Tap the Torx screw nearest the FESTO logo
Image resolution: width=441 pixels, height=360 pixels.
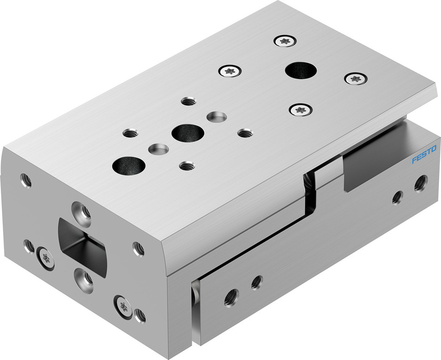355,79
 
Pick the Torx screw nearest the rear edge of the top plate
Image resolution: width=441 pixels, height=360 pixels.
284,41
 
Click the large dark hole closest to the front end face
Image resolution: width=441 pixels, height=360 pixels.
129,165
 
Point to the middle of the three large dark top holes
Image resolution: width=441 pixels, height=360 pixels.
188,132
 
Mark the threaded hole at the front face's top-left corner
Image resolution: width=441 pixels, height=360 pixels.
26,180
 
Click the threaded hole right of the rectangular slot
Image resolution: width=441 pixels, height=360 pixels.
138,249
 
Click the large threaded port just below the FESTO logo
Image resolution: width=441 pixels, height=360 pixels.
420,182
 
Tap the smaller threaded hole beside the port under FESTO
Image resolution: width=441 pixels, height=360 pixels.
397,197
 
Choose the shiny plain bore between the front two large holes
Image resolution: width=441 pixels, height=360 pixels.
158,149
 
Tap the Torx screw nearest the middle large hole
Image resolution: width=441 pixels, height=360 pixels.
230,70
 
